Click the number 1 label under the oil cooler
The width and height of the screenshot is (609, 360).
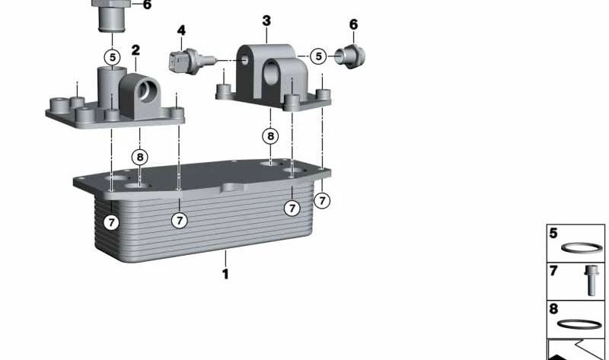[x=225, y=274]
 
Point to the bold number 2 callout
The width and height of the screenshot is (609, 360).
[x=136, y=50]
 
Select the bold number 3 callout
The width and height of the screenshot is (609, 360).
[x=266, y=21]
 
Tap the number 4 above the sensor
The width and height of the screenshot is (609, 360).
[x=181, y=30]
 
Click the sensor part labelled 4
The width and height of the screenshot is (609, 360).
[x=192, y=61]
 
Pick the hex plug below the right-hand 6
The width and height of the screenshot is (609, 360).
[x=350, y=56]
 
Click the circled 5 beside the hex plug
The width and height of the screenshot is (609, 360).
[x=318, y=56]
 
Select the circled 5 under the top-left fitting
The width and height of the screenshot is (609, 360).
[x=112, y=58]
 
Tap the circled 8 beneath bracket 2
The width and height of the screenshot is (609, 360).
[x=140, y=157]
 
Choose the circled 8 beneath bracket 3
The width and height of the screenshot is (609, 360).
[x=270, y=136]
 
